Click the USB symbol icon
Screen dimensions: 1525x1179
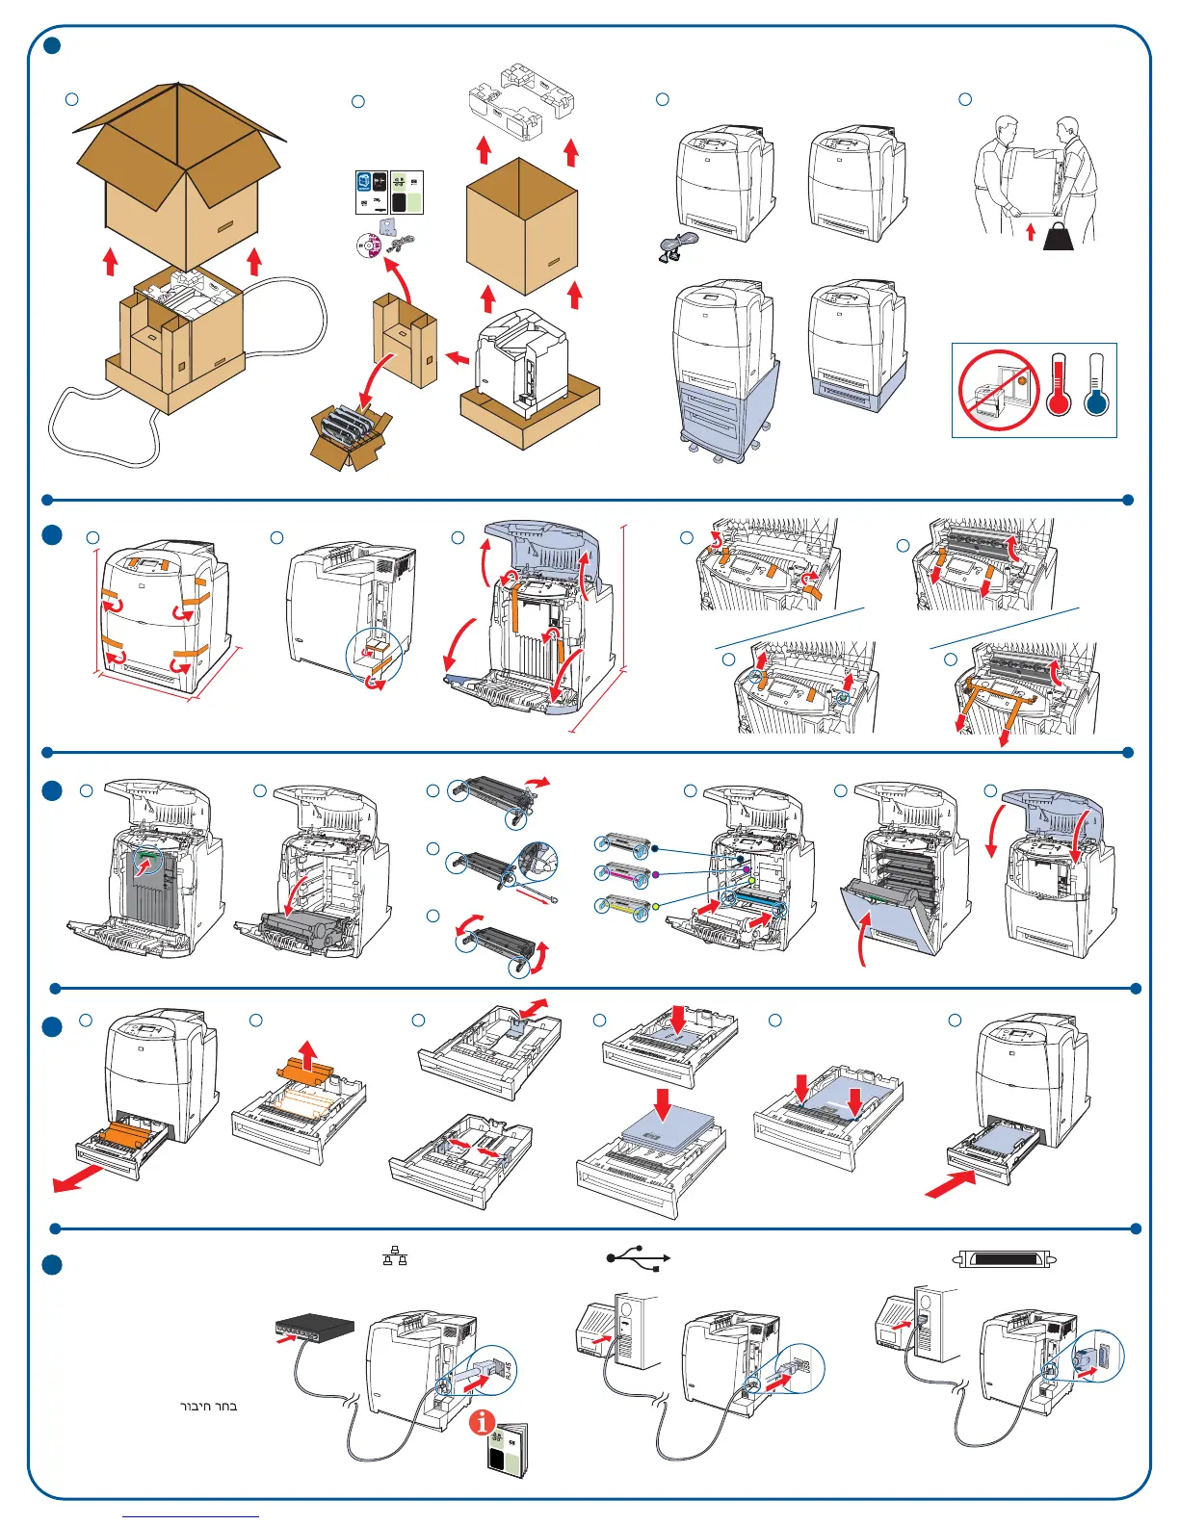(x=638, y=1257)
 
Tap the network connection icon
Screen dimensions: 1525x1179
(x=395, y=1255)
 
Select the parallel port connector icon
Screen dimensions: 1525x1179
(x=1006, y=1258)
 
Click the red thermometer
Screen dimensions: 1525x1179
(x=1059, y=385)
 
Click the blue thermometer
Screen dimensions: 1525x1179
(x=1096, y=385)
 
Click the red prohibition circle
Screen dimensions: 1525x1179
(x=999, y=390)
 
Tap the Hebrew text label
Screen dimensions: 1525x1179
(x=209, y=1407)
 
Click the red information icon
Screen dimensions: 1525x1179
(x=482, y=1422)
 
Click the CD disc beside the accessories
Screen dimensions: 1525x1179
(x=369, y=244)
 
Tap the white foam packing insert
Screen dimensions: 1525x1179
(x=521, y=104)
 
